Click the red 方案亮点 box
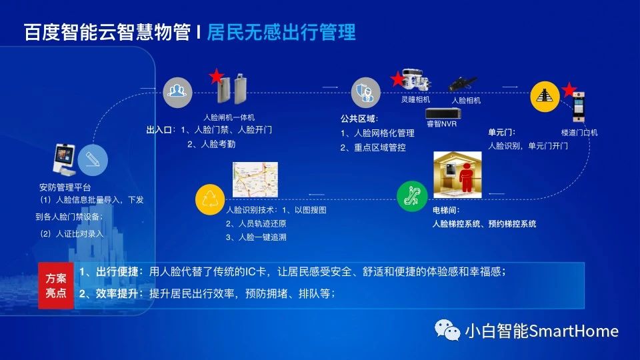(56, 286)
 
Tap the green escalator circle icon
(412, 196)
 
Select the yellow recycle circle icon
(210, 199)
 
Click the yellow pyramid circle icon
(545, 96)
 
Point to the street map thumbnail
(255, 179)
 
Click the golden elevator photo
(457, 175)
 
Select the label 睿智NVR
(441, 124)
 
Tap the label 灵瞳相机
(415, 99)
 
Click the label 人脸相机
(466, 100)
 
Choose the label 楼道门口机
(579, 133)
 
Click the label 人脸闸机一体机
(229, 117)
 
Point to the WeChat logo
(447, 330)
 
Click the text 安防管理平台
(65, 187)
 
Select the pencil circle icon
(93, 159)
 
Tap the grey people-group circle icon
(177, 92)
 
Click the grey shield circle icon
(366, 92)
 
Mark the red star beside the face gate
(216, 76)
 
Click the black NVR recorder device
(443, 113)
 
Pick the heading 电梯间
(446, 210)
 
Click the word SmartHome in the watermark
(574, 331)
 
